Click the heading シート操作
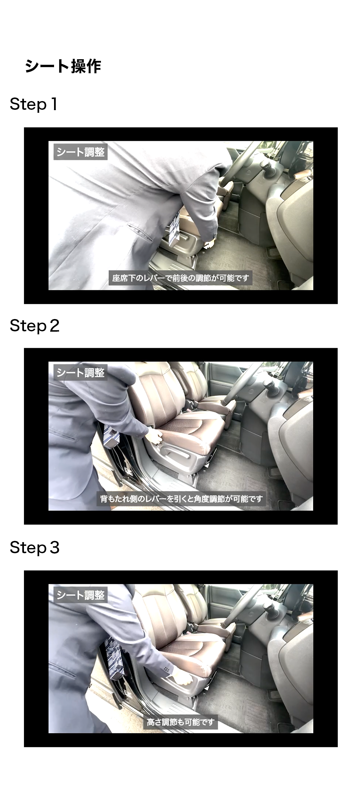click(x=63, y=66)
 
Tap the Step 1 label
click(x=34, y=104)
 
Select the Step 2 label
click(x=35, y=326)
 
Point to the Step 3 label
click(x=35, y=548)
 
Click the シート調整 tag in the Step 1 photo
click(x=81, y=152)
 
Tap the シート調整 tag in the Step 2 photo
click(x=81, y=372)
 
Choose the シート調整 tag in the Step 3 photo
click(x=81, y=595)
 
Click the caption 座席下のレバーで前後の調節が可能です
click(x=180, y=278)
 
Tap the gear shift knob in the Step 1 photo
click(x=267, y=167)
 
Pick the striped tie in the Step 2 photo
click(x=111, y=436)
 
